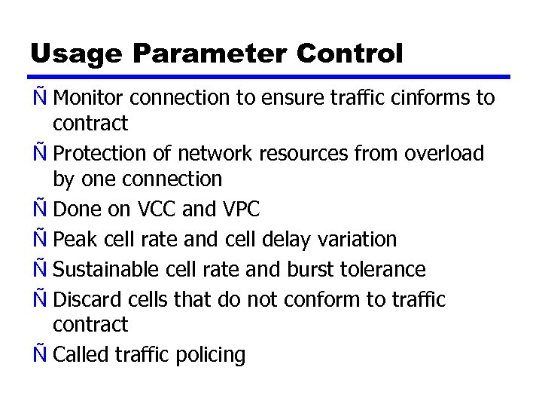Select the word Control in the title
point(350,54)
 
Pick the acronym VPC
point(242,209)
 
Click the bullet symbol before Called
point(38,354)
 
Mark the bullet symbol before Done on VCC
point(38,208)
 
